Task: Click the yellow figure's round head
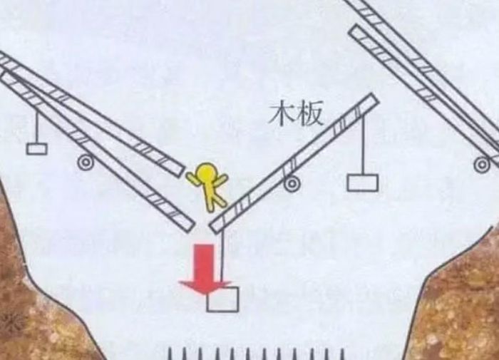click(x=206, y=173)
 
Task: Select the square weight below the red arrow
click(x=222, y=299)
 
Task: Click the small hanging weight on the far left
click(x=37, y=149)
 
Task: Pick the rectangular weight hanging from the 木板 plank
click(x=363, y=182)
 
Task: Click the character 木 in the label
click(x=282, y=113)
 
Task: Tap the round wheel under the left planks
click(x=86, y=163)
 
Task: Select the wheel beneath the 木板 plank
click(x=292, y=184)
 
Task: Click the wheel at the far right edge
click(x=482, y=165)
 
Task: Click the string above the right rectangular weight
click(x=363, y=145)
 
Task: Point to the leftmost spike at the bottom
click(x=170, y=354)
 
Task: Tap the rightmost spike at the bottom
click(x=342, y=354)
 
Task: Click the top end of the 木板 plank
click(x=375, y=98)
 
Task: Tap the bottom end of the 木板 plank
click(x=214, y=228)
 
